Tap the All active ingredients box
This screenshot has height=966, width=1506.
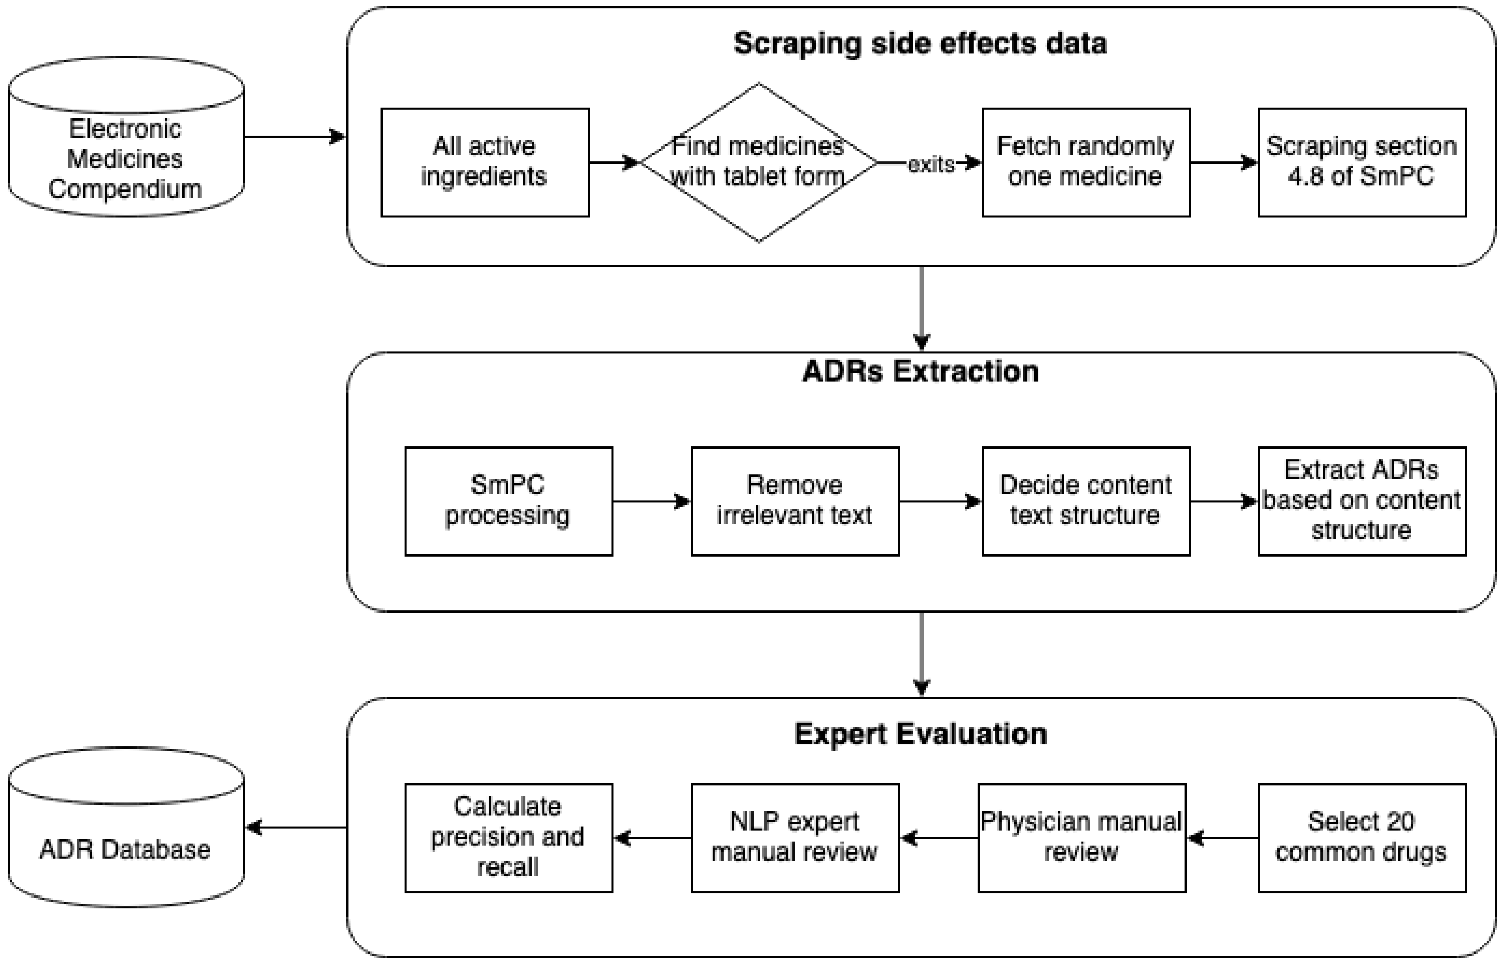(485, 162)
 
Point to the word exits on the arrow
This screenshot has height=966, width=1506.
(931, 164)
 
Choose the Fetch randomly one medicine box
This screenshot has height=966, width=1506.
(1085, 162)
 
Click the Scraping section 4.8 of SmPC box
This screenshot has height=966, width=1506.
(1361, 162)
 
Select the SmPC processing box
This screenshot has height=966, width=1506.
(508, 501)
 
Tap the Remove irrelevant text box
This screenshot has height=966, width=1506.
(795, 501)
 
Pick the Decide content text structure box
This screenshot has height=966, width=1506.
(1085, 501)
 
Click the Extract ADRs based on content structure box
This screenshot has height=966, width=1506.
(1361, 501)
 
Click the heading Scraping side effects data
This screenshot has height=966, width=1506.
(920, 44)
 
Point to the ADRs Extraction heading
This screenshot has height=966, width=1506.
(920, 372)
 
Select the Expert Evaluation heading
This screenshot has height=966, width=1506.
(920, 734)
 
